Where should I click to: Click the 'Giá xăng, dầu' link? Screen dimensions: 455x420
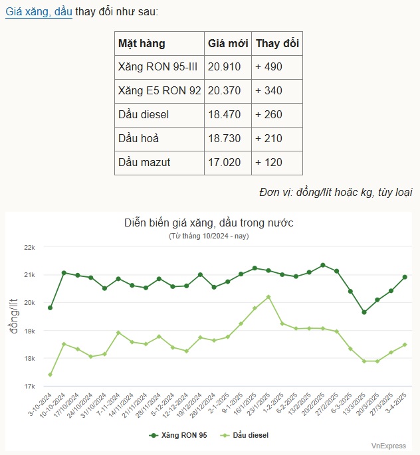[x=39, y=12]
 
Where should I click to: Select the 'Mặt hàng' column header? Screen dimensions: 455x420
[x=142, y=44]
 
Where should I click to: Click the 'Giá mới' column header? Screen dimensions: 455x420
[x=228, y=44]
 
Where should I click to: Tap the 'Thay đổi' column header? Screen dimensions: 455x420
[x=277, y=44]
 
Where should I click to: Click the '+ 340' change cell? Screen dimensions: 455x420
[x=268, y=91]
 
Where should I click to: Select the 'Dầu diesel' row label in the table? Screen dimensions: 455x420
[x=144, y=115]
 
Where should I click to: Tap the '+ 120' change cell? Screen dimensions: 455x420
[x=268, y=163]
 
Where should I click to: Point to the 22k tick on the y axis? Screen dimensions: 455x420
[x=29, y=247]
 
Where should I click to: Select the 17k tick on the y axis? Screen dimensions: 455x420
[x=29, y=386]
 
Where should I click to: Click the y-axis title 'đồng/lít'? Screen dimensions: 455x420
[x=14, y=316]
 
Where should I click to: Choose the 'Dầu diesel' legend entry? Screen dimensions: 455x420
[x=247, y=435]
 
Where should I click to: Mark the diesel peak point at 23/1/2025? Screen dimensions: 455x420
[x=268, y=297]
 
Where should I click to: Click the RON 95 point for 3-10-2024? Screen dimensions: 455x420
[x=51, y=308]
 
